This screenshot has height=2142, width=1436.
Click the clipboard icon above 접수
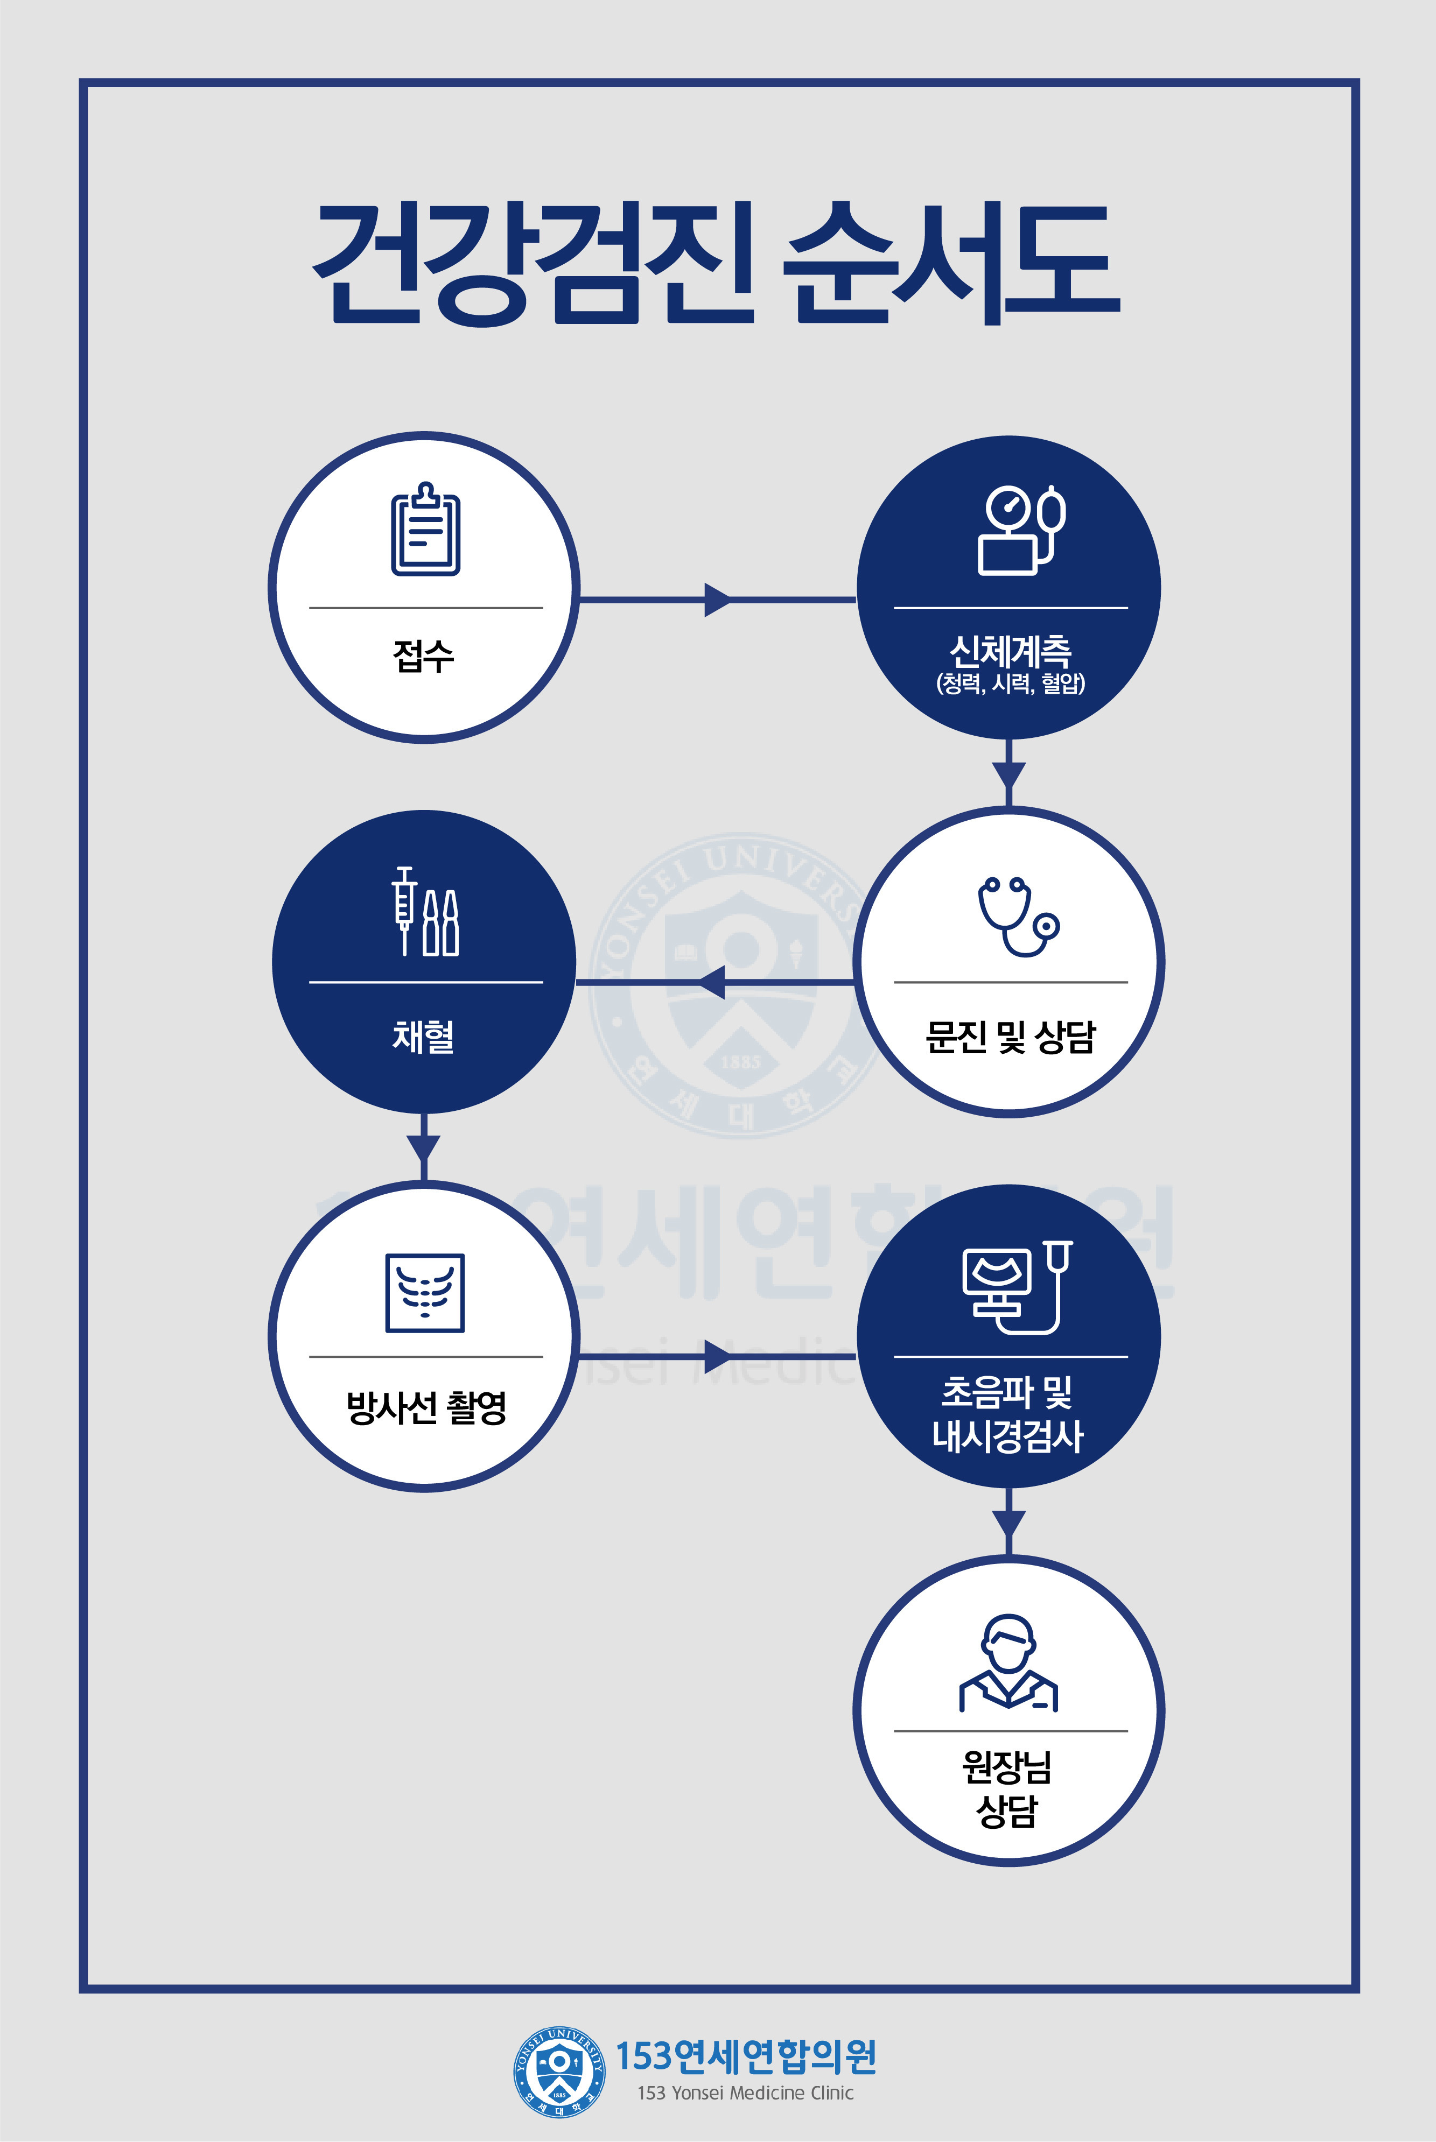tap(426, 529)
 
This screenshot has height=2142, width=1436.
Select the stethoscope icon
tap(1018, 917)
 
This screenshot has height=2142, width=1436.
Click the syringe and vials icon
tap(425, 911)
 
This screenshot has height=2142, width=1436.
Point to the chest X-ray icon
tap(425, 1293)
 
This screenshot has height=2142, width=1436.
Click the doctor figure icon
tap(1008, 1663)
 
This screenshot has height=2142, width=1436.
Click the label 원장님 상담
tap(1007, 1788)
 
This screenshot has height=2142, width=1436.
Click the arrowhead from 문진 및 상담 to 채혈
tap(712, 982)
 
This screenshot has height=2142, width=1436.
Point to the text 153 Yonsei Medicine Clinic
tap(746, 2092)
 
